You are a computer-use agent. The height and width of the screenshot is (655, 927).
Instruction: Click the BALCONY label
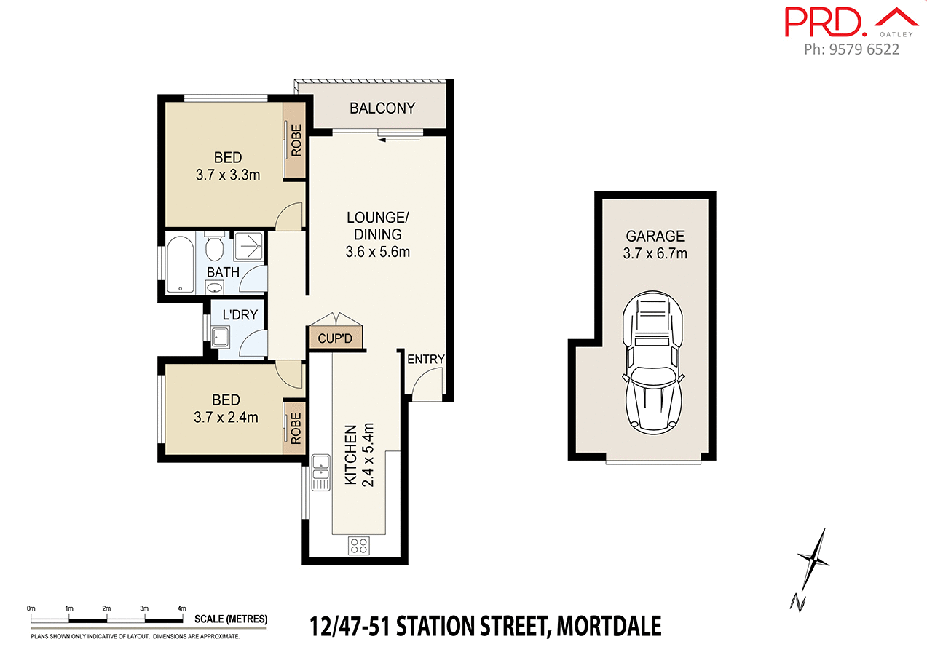(382, 108)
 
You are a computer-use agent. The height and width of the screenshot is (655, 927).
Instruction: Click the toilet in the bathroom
(214, 247)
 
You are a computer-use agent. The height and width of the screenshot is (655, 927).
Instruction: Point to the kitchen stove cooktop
(358, 545)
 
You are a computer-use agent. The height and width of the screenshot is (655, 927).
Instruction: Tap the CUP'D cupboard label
(335, 339)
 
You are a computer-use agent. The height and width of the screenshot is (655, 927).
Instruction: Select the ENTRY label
(425, 360)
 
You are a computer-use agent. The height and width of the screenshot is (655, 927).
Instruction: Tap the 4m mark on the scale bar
(182, 608)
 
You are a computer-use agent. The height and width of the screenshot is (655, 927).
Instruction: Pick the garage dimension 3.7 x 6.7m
(655, 254)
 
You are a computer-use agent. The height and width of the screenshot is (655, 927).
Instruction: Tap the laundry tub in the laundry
(220, 336)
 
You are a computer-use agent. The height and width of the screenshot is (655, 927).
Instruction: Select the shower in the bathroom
(248, 246)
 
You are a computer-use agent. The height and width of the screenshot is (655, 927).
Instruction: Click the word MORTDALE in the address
(609, 625)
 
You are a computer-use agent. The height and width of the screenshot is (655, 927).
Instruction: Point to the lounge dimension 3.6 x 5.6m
(378, 253)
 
